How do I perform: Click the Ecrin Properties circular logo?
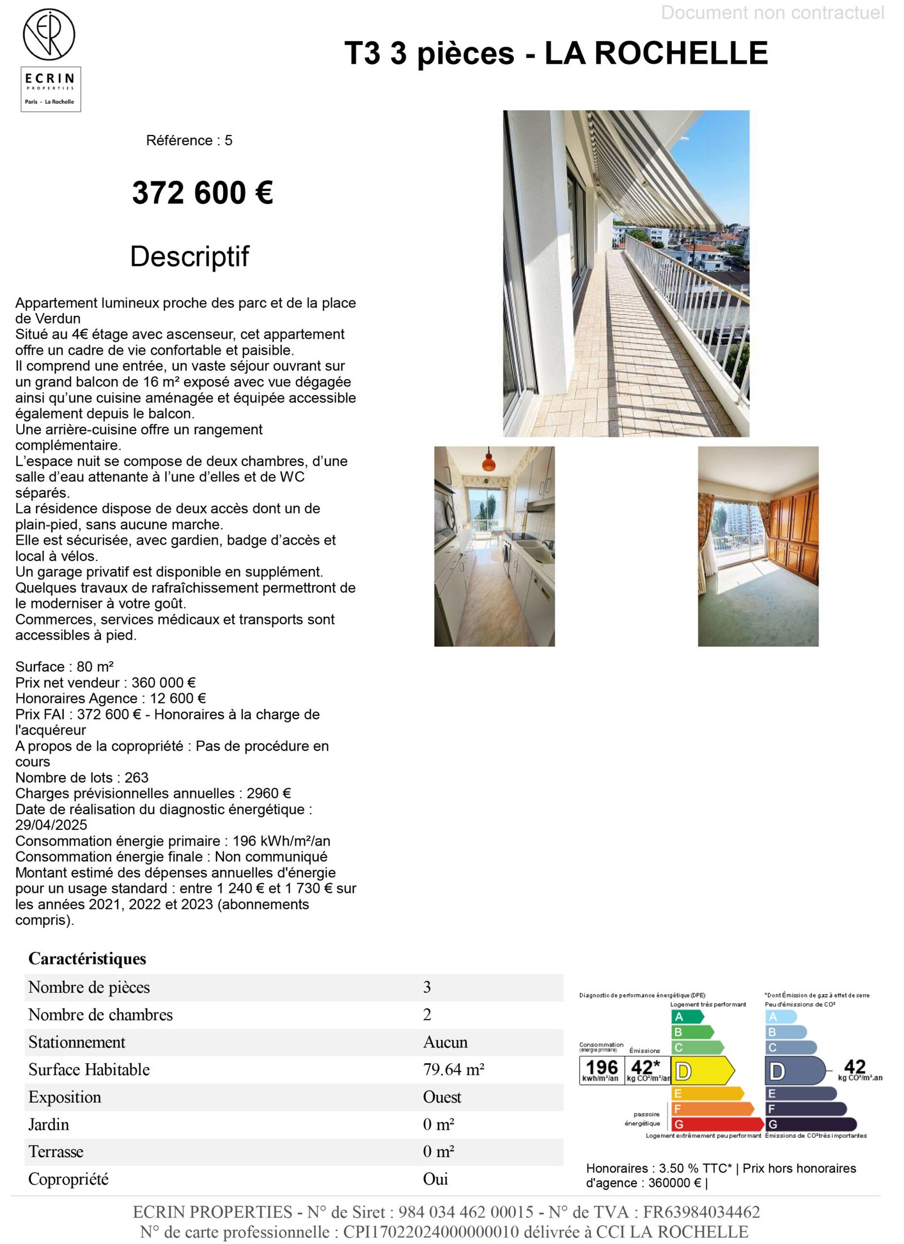tap(49, 34)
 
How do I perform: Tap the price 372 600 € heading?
tap(202, 193)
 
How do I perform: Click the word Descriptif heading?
tap(189, 256)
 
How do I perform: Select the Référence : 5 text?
tap(189, 140)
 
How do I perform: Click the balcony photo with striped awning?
tap(625, 273)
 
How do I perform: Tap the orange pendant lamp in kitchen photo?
tap(488, 462)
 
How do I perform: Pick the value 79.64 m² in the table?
tap(453, 1069)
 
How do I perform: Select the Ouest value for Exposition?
tap(442, 1097)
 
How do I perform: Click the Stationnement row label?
tap(77, 1042)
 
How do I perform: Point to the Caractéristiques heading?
tap(87, 959)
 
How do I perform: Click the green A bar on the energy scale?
tap(686, 1016)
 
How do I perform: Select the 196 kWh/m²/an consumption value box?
tap(601, 1070)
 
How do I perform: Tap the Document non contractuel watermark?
tap(772, 12)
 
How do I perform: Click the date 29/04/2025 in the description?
tap(51, 825)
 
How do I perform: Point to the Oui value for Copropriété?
tap(435, 1178)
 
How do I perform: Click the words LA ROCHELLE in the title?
tap(655, 53)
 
